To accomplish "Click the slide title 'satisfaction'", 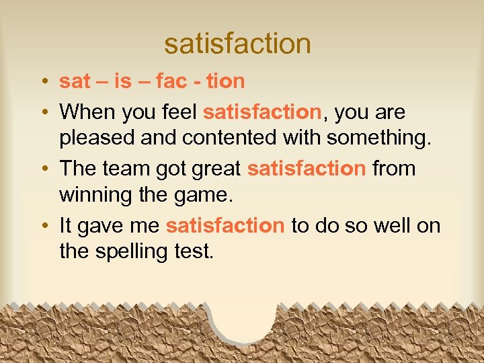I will [x=237, y=44].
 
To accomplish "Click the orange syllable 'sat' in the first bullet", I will [x=75, y=82].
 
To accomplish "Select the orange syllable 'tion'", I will [x=225, y=82].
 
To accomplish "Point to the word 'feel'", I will [x=179, y=112].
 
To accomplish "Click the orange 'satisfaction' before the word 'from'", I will [x=307, y=168].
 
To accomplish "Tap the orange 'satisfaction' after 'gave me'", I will [x=225, y=225].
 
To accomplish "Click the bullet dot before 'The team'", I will [x=42, y=169].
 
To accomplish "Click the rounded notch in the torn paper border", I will [x=243, y=319].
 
